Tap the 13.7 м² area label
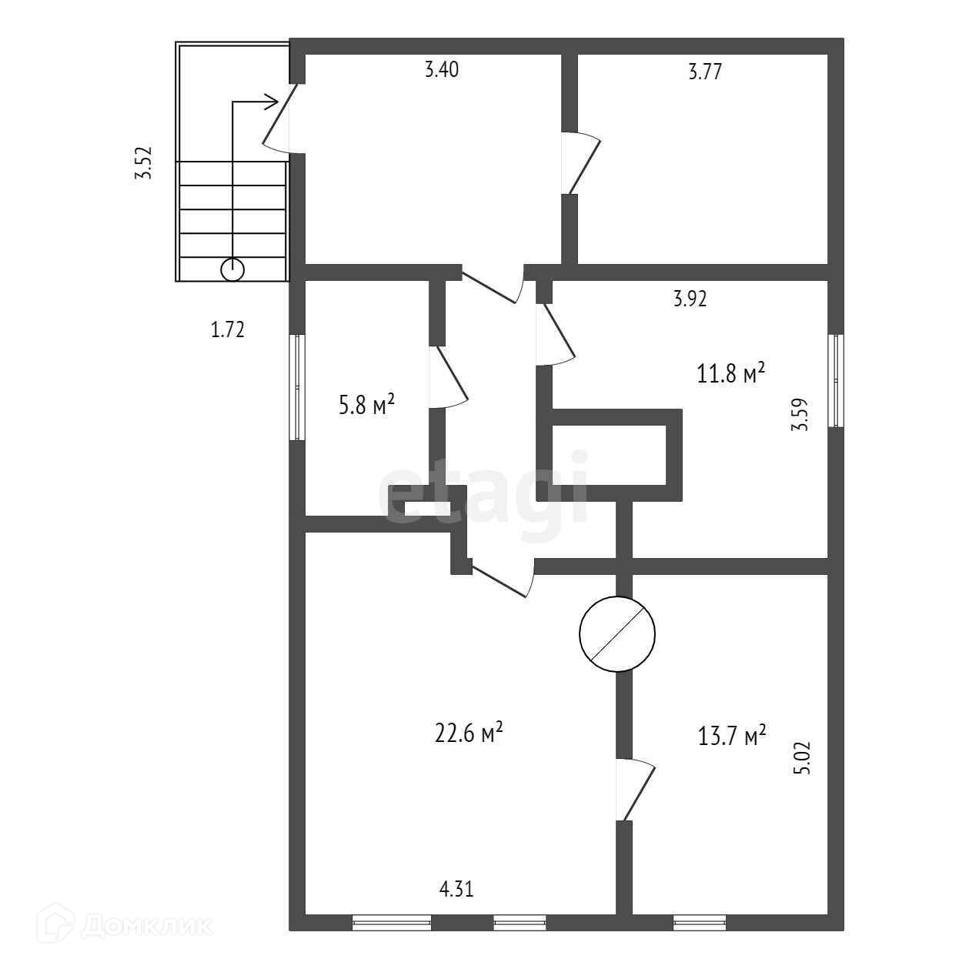[732, 735]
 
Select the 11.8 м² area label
[730, 374]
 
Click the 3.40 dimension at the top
[442, 70]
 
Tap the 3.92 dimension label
[690, 299]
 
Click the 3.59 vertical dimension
[800, 414]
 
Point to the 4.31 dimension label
[456, 890]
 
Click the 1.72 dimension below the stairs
[228, 330]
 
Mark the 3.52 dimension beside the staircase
[144, 163]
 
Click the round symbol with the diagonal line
[617, 633]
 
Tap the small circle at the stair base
[232, 269]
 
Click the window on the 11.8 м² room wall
[836, 380]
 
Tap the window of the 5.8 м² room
[297, 387]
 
